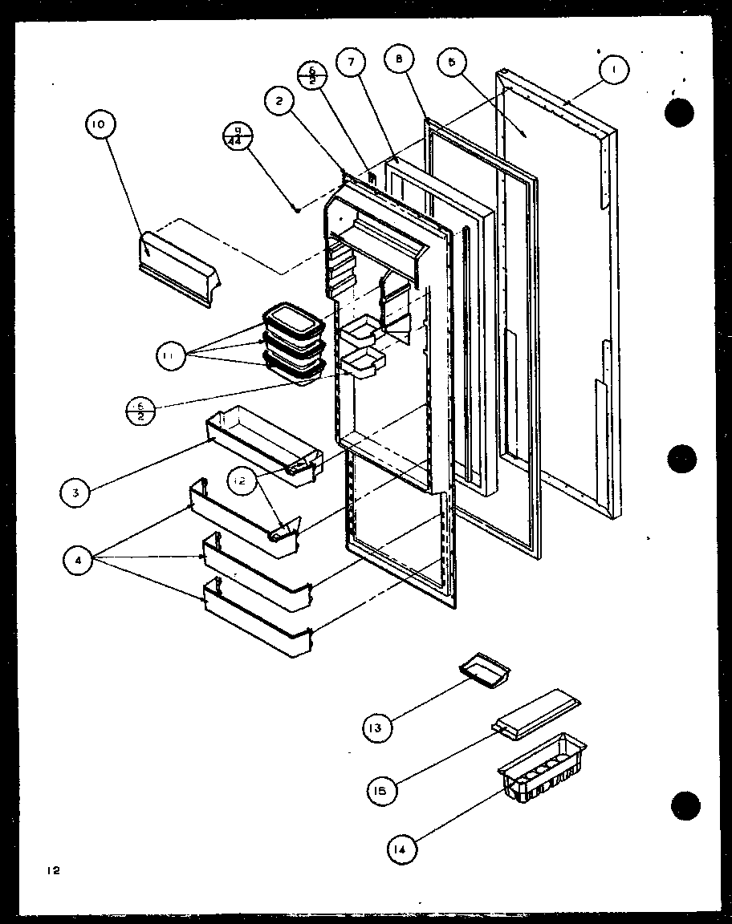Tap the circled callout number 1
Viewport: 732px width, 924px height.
(x=614, y=71)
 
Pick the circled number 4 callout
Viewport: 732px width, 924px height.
(x=79, y=562)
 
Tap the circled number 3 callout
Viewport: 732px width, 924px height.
(x=75, y=492)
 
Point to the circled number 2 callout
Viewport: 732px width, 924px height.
(x=279, y=100)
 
